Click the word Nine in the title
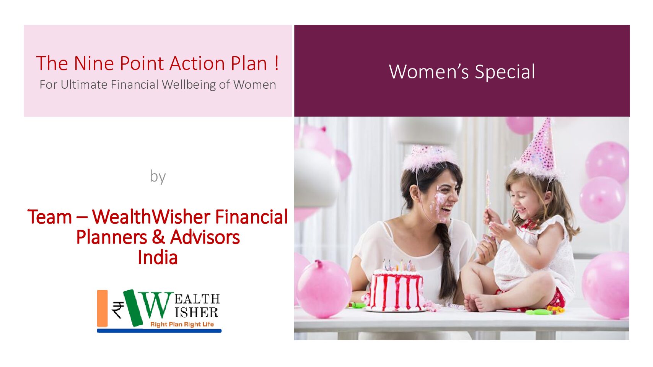pyautogui.click(x=94, y=63)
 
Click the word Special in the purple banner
pyautogui.click(x=505, y=72)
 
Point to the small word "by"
pyautogui.click(x=158, y=176)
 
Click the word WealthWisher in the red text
pyautogui.click(x=151, y=217)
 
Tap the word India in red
pyautogui.click(x=158, y=258)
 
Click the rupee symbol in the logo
pyautogui.click(x=118, y=310)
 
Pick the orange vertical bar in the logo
pyautogui.click(x=102, y=308)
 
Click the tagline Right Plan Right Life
pyautogui.click(x=182, y=325)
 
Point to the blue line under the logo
pyautogui.click(x=160, y=331)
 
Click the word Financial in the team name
pyautogui.click(x=251, y=217)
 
